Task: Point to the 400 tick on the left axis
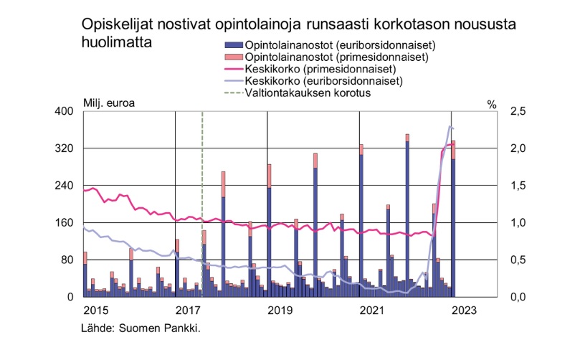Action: pyautogui.click(x=65, y=112)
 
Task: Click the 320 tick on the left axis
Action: pyautogui.click(x=65, y=148)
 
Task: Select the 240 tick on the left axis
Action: pyautogui.click(x=65, y=186)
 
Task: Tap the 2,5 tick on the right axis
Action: pyautogui.click(x=518, y=112)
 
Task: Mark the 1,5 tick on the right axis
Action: pyautogui.click(x=518, y=186)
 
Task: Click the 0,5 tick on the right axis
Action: pyautogui.click(x=518, y=260)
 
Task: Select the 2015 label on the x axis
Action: pyautogui.click(x=96, y=311)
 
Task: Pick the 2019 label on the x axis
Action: pyautogui.click(x=279, y=311)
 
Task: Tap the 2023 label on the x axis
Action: pyautogui.click(x=462, y=311)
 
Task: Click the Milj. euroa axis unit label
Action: pyautogui.click(x=109, y=102)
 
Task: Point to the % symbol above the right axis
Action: pyautogui.click(x=491, y=105)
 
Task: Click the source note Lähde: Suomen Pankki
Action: pyautogui.click(x=141, y=328)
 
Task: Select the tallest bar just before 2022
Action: pyautogui.click(x=407, y=215)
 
